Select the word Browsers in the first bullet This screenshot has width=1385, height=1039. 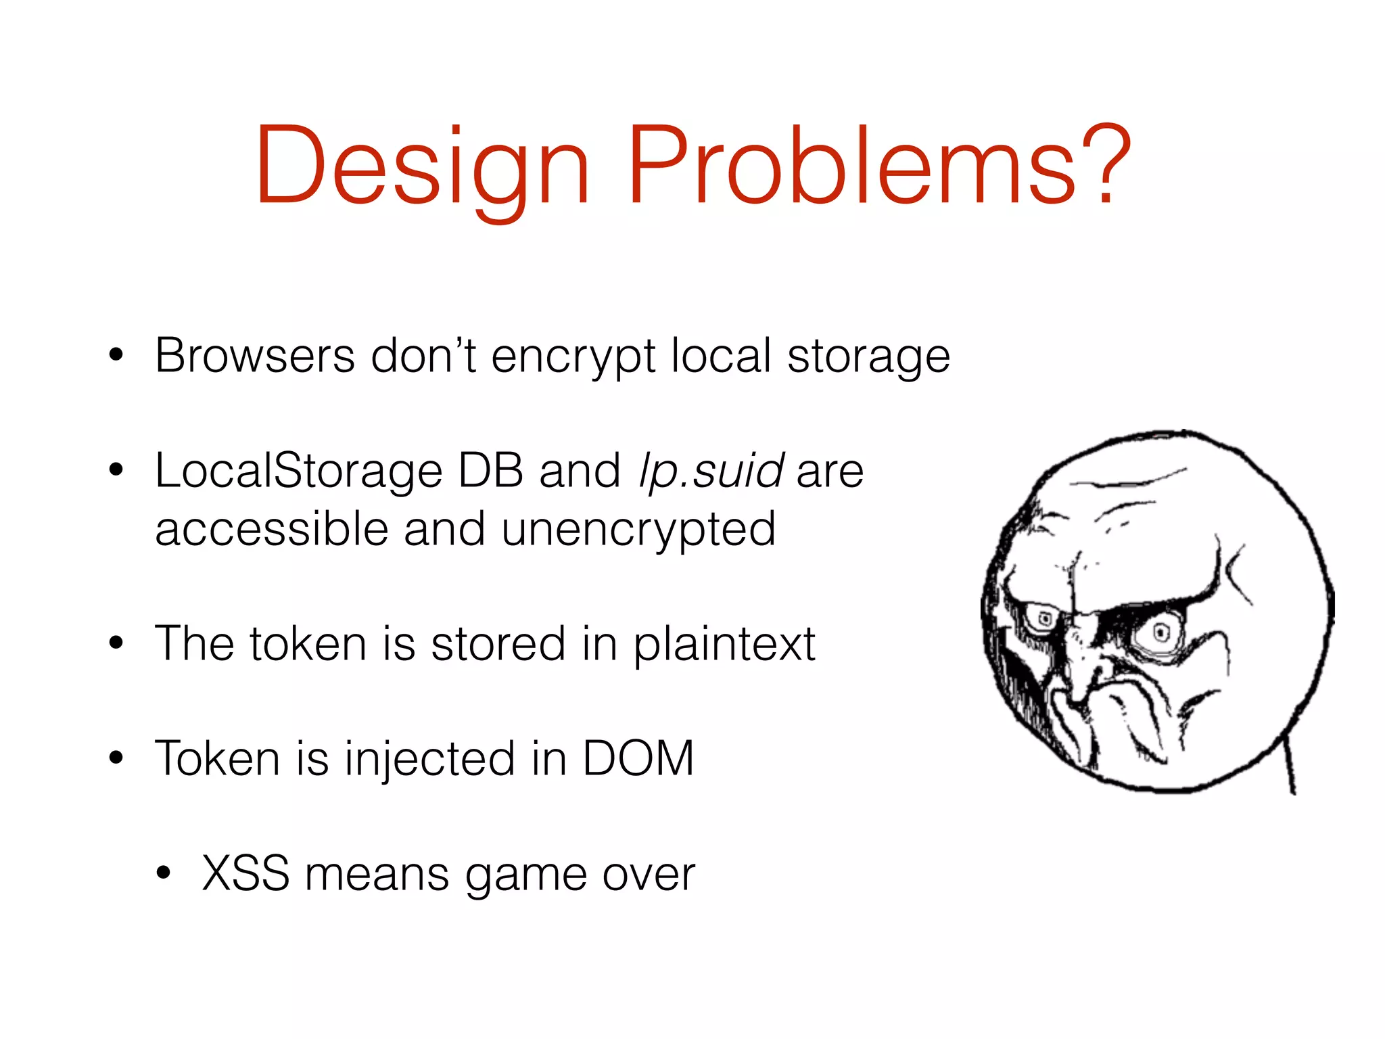pyautogui.click(x=254, y=356)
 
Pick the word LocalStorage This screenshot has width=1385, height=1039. pyautogui.click(x=298, y=471)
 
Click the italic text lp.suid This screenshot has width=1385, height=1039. pyautogui.click(x=711, y=471)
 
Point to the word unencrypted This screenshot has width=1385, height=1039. pyautogui.click(x=638, y=530)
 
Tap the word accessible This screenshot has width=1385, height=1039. pyautogui.click(x=271, y=530)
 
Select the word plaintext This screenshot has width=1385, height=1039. pyautogui.click(x=724, y=644)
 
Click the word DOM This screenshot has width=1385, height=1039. pyautogui.click(x=638, y=759)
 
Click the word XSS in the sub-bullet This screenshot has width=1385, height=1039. pyautogui.click(x=245, y=874)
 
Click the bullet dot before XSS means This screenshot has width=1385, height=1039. pyautogui.click(x=163, y=874)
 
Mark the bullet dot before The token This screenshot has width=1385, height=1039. pyautogui.click(x=116, y=643)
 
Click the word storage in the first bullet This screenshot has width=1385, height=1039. pyautogui.click(x=868, y=357)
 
